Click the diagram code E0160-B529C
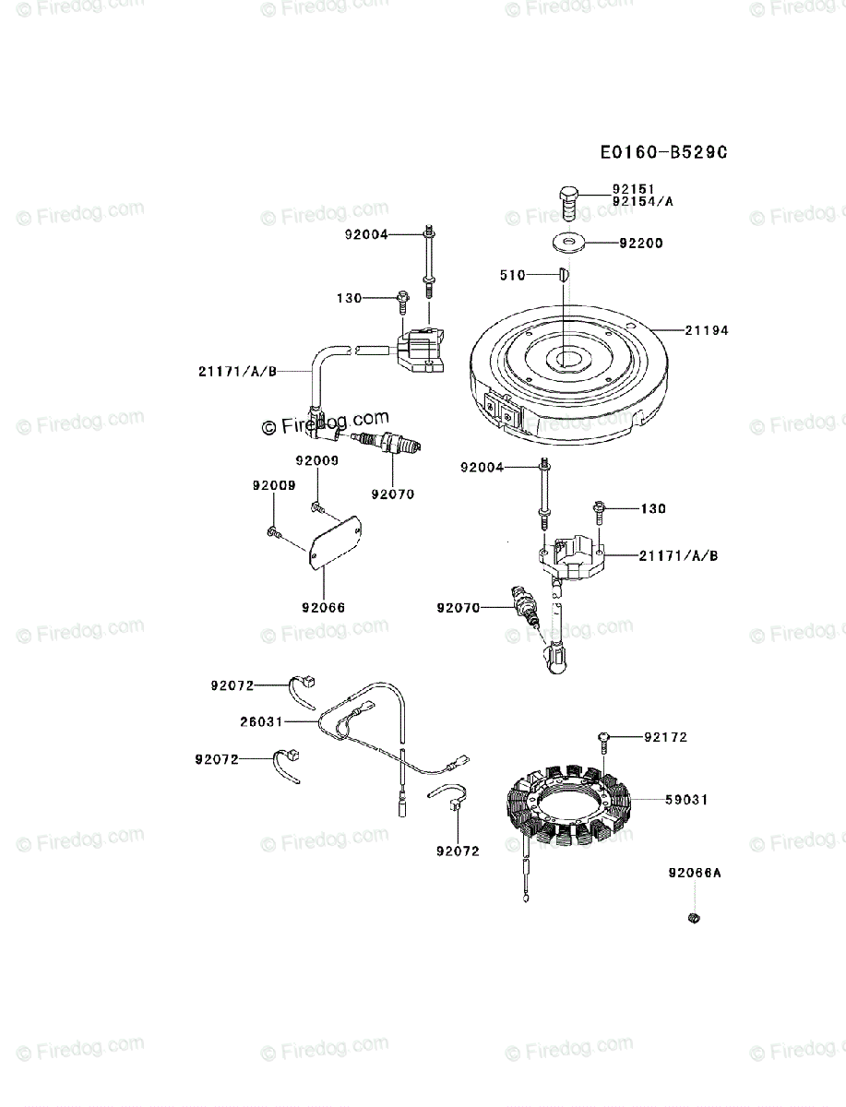(663, 152)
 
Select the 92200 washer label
(641, 244)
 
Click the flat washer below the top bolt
(566, 244)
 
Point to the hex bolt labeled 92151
(567, 200)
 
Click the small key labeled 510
(563, 274)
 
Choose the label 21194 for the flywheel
(707, 329)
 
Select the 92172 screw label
(665, 737)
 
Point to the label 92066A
(696, 872)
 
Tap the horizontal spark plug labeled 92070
(392, 446)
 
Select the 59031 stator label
(686, 800)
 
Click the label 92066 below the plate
(323, 608)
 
